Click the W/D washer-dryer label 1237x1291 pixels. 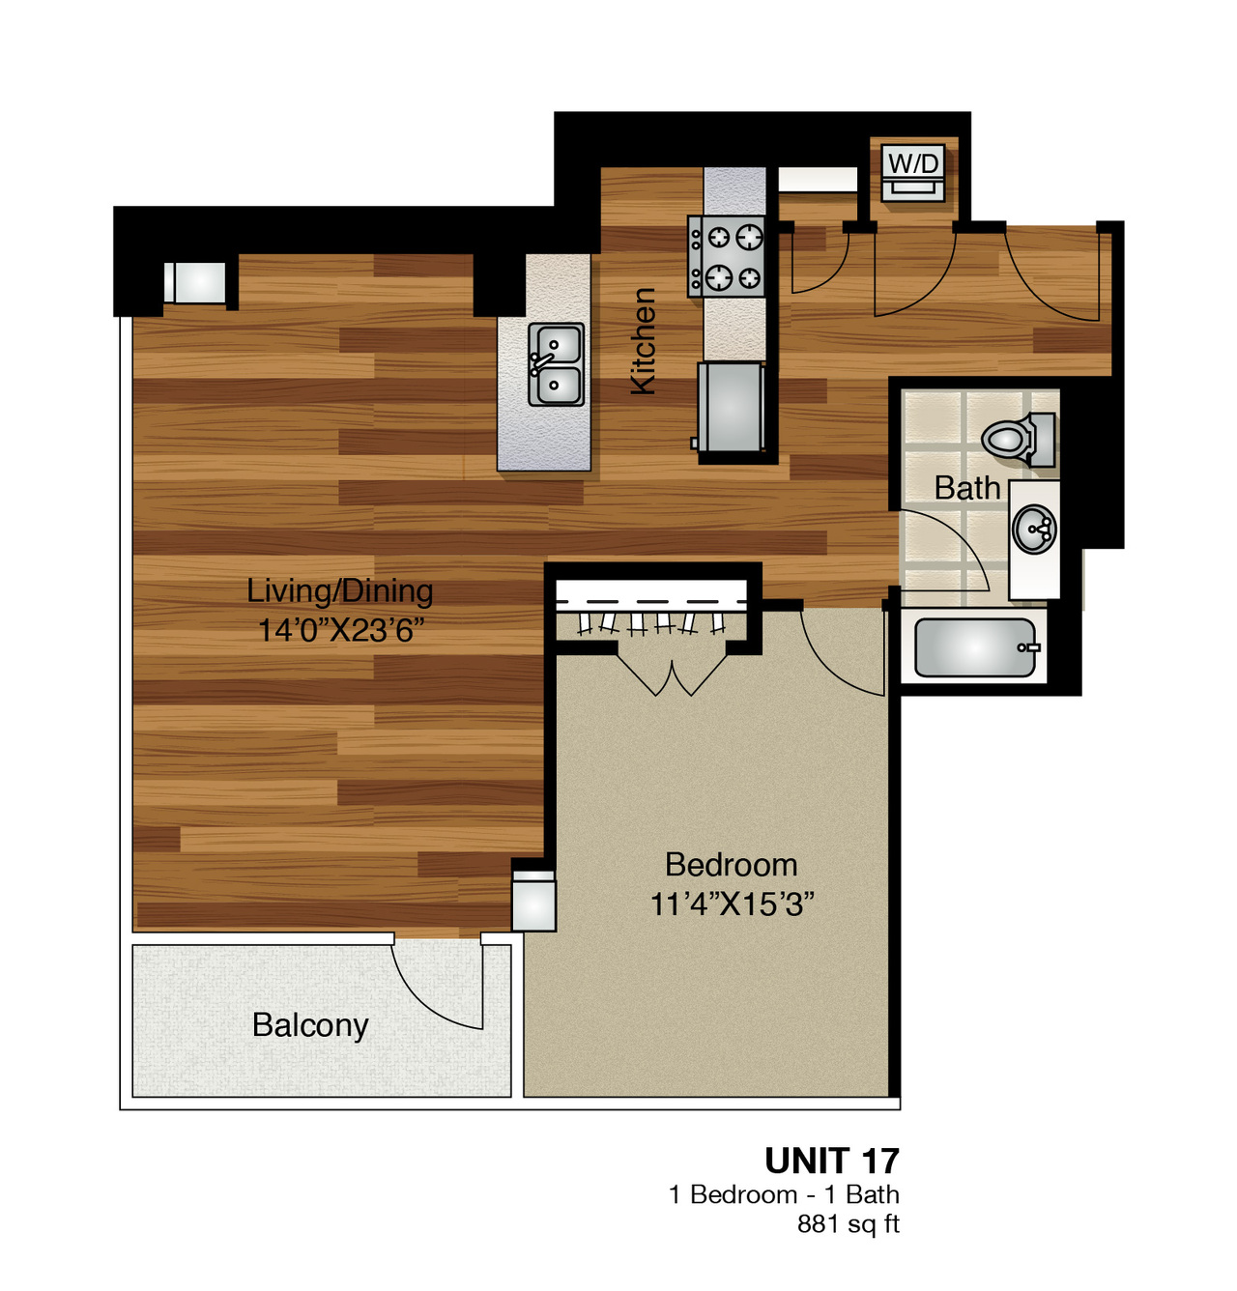click(914, 162)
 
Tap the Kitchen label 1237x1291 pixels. click(643, 341)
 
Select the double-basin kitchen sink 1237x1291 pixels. click(556, 364)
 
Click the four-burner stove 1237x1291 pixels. click(726, 256)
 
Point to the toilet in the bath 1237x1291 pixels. click(1018, 439)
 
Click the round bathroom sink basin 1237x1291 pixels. click(1034, 528)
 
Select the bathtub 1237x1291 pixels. click(974, 647)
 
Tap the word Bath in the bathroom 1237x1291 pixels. click(967, 488)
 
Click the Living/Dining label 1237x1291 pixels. click(340, 591)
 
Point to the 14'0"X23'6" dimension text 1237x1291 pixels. click(340, 630)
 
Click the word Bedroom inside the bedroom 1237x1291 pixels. click(732, 865)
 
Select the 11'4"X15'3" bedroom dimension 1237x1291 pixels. click(732, 904)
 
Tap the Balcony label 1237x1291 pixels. click(310, 1024)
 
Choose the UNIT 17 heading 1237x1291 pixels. click(831, 1161)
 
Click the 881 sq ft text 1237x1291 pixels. click(849, 1223)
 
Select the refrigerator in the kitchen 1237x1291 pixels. click(731, 406)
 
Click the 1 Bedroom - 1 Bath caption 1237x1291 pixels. click(784, 1194)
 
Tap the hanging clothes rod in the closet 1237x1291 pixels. click(651, 602)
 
